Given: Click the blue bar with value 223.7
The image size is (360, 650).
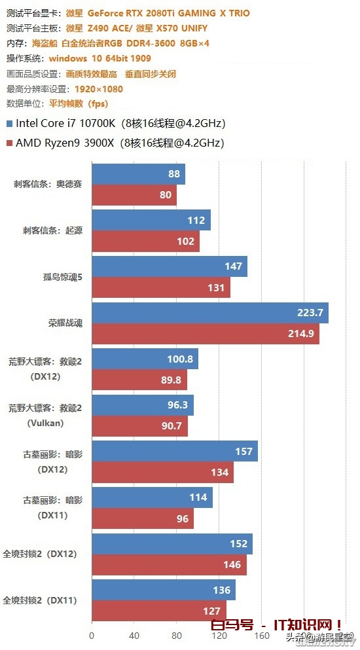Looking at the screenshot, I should [209, 313].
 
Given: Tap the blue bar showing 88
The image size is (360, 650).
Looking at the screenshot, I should [138, 174].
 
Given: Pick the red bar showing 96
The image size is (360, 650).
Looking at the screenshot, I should [142, 518].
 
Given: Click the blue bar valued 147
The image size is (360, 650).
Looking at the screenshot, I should [170, 266].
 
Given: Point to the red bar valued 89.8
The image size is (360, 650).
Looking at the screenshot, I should [139, 380].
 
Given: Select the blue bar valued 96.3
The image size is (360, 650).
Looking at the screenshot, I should [143, 405].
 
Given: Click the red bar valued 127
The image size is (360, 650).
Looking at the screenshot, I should [158, 610].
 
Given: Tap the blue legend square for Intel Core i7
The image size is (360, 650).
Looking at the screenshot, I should [9, 122].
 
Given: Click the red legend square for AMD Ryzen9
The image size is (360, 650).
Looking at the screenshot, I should [9, 142].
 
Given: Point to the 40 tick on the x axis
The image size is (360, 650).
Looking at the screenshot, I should [134, 635].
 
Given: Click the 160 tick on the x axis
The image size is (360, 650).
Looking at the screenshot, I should [261, 635].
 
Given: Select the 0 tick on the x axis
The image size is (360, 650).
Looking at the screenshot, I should [92, 635].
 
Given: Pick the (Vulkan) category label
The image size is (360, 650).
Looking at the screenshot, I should [45, 423].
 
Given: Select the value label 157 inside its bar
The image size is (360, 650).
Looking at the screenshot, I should [243, 452].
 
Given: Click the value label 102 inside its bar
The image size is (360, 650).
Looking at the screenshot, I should [185, 241].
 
